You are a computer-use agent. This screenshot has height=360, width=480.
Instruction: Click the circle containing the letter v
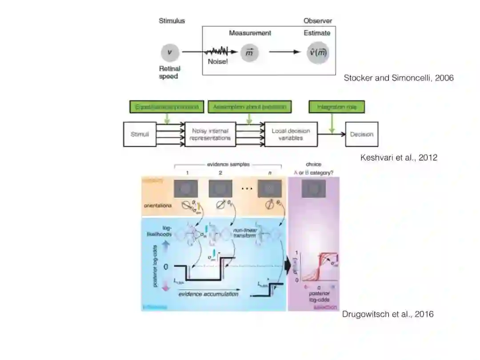(169, 52)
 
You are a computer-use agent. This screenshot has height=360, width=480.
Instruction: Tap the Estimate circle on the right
(319, 53)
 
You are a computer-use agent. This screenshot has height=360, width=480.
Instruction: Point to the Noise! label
(218, 62)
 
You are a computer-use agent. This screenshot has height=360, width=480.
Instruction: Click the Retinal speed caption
(169, 72)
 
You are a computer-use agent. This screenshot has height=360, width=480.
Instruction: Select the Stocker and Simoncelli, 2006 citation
(399, 78)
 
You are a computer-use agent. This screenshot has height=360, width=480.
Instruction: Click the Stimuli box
(140, 134)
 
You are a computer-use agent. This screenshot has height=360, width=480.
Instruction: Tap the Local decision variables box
(291, 134)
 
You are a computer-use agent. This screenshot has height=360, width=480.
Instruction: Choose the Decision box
(361, 134)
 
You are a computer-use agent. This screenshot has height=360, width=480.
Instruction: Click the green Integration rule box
(331, 107)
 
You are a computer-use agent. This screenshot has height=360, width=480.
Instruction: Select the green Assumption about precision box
(249, 107)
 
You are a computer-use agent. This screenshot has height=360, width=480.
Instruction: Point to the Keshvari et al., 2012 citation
(399, 157)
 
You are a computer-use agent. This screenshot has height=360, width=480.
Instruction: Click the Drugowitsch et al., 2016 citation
(388, 314)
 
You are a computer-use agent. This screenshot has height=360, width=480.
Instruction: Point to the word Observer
(318, 21)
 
